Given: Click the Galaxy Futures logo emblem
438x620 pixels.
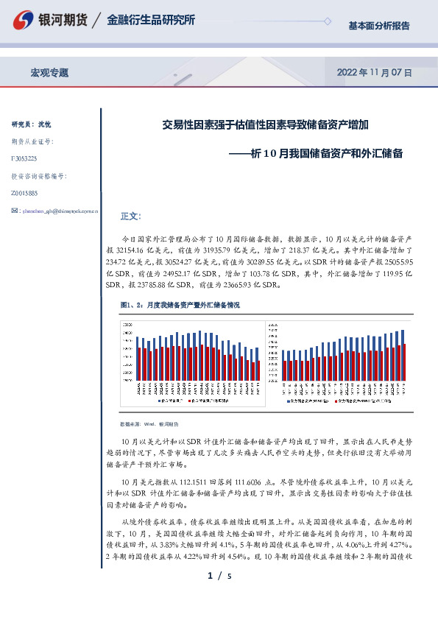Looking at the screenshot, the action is point(24,21).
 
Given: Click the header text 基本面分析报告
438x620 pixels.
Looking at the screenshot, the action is point(379,26).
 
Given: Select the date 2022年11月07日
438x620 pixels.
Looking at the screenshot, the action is point(373,73).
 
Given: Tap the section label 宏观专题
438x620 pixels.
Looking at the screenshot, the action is point(49,73).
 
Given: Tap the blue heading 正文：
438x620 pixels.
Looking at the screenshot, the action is point(130,216).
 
